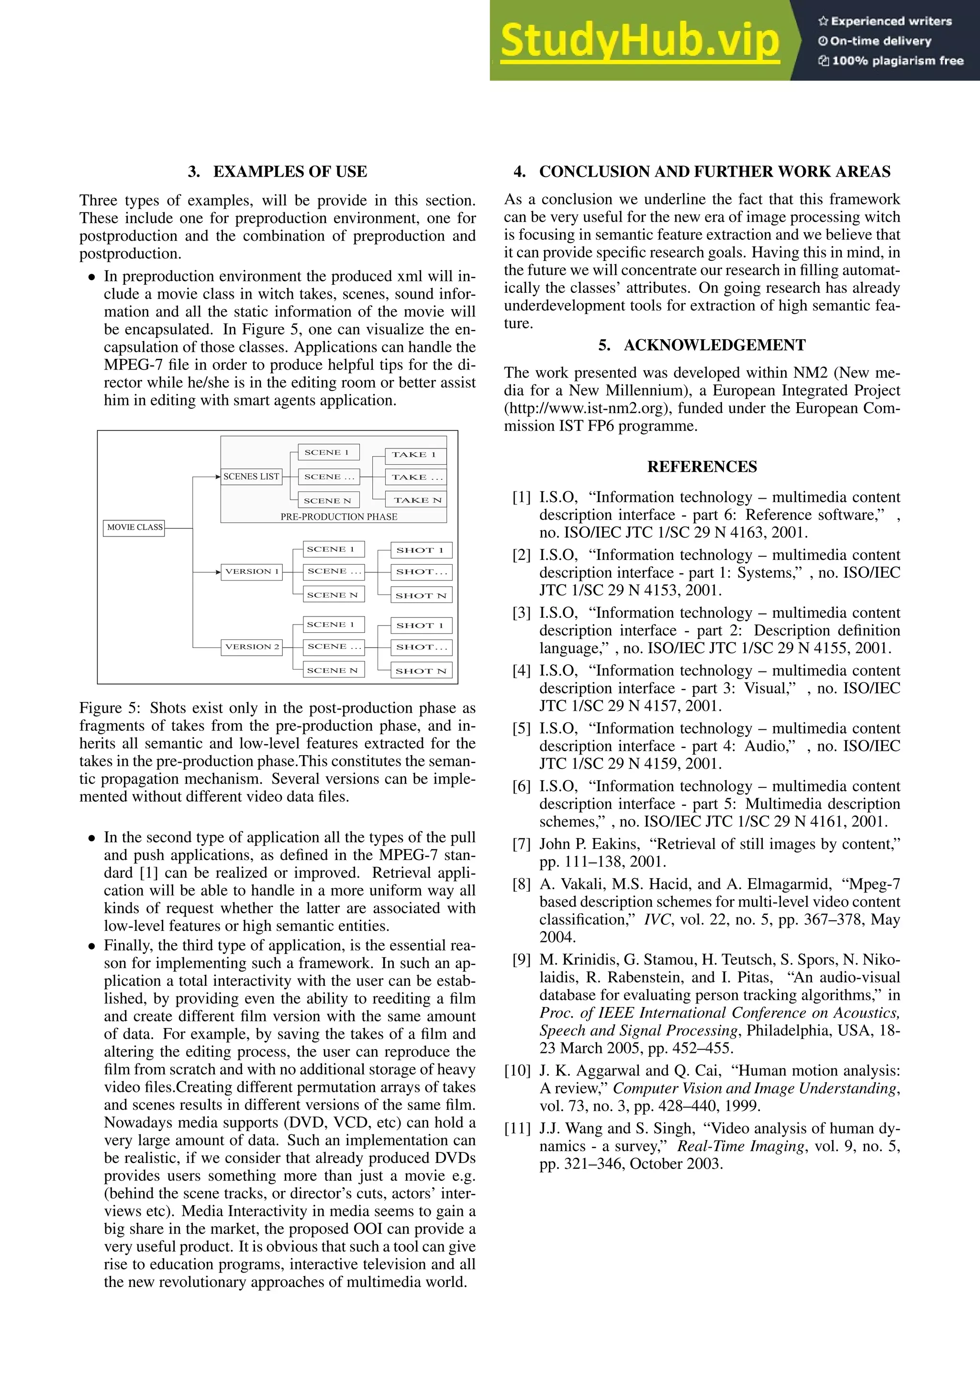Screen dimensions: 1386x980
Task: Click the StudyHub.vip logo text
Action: (x=640, y=41)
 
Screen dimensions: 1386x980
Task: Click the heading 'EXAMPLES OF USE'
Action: (x=290, y=171)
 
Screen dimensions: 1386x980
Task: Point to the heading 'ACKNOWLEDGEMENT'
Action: (x=714, y=345)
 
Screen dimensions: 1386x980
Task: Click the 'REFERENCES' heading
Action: (x=702, y=467)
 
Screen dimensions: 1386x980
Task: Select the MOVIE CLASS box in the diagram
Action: (x=134, y=527)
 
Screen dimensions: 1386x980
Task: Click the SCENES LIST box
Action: (x=251, y=477)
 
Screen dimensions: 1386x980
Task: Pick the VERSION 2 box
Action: (x=252, y=647)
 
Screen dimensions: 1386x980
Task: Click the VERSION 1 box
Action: (x=252, y=571)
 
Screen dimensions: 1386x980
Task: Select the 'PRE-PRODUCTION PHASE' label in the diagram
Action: (x=338, y=517)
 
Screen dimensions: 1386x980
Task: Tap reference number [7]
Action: (x=522, y=845)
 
